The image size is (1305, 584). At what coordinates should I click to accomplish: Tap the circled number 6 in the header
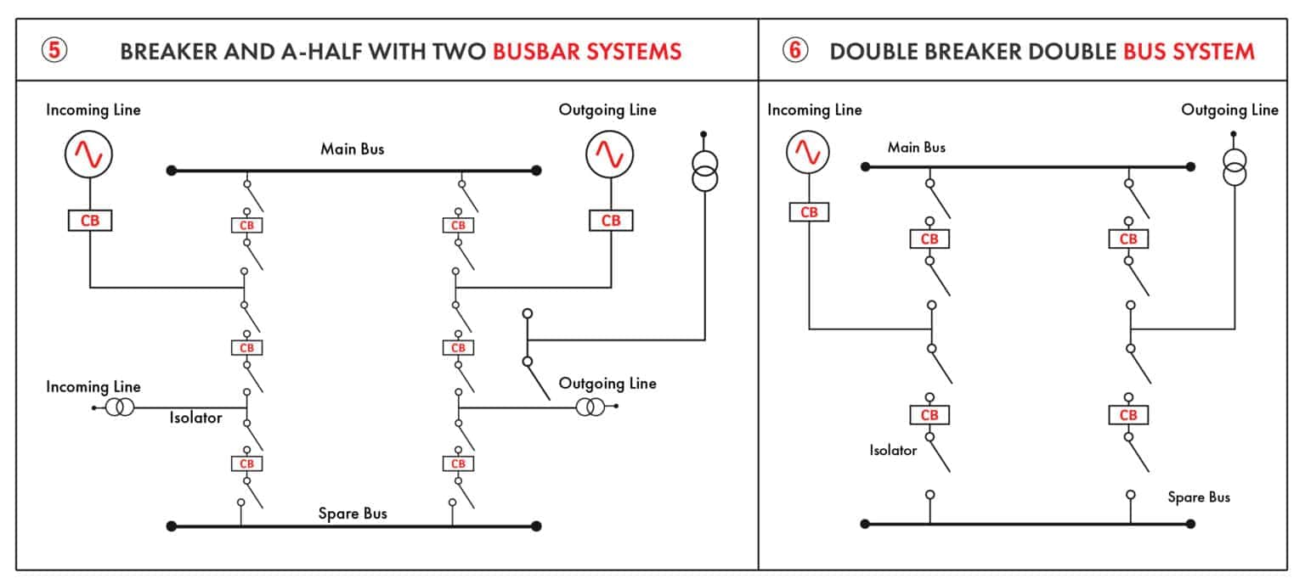coord(794,50)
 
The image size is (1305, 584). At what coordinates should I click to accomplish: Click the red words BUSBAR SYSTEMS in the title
coord(587,51)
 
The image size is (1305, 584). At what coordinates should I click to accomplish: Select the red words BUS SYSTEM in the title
coord(1189,51)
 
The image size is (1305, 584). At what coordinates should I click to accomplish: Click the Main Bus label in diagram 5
coord(352,149)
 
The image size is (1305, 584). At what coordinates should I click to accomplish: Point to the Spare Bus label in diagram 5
coord(353,514)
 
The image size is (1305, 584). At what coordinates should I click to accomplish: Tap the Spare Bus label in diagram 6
coord(1198,497)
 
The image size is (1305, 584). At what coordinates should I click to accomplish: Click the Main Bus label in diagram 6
coord(916,148)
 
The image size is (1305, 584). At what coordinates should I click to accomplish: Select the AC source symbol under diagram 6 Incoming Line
coord(807,153)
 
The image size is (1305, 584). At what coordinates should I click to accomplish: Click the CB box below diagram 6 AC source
coord(809,212)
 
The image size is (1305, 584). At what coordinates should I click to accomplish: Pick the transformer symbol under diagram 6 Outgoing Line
coord(1234,166)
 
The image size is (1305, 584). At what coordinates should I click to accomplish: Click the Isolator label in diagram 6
coord(893,451)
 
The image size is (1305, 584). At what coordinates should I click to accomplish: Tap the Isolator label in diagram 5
coord(195,418)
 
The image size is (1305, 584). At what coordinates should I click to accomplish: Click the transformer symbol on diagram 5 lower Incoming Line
coord(120,407)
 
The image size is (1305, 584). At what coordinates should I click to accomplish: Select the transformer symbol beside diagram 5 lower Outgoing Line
coord(590,407)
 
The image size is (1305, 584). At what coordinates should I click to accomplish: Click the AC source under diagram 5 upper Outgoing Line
coord(610,154)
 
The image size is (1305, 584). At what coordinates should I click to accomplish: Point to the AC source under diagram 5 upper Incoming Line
coord(89,154)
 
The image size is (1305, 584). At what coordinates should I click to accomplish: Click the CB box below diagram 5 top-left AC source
coord(89,221)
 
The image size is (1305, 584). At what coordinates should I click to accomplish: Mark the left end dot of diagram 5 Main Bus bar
coord(171,171)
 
